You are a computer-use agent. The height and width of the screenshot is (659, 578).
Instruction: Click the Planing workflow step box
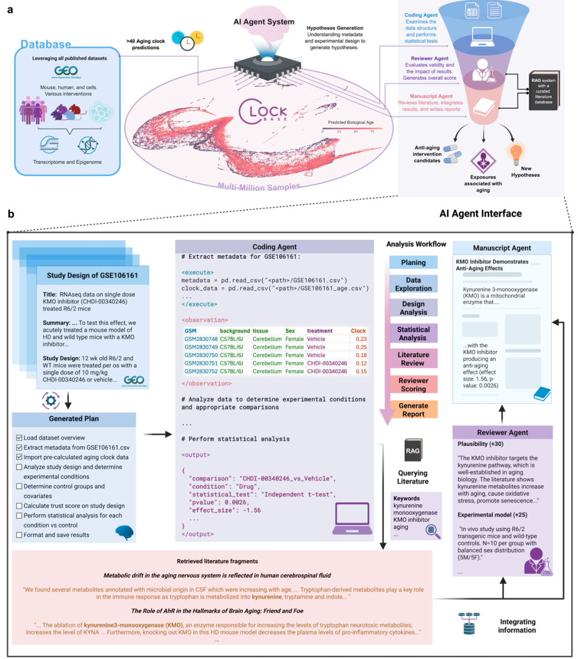pyautogui.click(x=413, y=262)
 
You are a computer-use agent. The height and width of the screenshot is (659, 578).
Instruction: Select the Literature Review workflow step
pyautogui.click(x=413, y=359)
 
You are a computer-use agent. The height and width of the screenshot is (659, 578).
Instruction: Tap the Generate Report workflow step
pyautogui.click(x=413, y=410)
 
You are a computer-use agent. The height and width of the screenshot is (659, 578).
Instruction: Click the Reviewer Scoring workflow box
pyautogui.click(x=413, y=384)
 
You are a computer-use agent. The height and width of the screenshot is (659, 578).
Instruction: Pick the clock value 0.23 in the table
pyautogui.click(x=361, y=339)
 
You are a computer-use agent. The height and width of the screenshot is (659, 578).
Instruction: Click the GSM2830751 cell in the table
pyautogui.click(x=201, y=363)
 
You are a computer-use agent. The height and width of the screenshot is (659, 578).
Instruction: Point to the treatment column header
pyautogui.click(x=320, y=331)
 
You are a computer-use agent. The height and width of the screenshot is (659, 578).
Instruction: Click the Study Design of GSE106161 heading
pyautogui.click(x=92, y=275)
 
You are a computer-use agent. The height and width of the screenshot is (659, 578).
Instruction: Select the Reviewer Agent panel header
pyautogui.click(x=502, y=432)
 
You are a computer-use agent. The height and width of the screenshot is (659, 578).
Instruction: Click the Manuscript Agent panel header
pyautogui.click(x=501, y=248)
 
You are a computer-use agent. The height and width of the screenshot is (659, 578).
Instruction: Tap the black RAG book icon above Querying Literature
pyautogui.click(x=413, y=451)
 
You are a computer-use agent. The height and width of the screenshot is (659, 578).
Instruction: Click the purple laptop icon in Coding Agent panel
pyautogui.click(x=352, y=518)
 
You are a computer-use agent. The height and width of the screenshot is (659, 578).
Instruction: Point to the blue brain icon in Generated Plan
pyautogui.click(x=124, y=532)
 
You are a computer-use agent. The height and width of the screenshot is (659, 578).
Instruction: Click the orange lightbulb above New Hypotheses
pyautogui.click(x=516, y=154)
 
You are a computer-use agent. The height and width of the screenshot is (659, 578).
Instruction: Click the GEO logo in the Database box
pyautogui.click(x=66, y=71)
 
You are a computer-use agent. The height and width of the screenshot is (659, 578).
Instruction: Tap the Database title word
pyautogui.click(x=45, y=44)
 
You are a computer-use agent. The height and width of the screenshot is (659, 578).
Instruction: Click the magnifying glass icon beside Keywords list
pyautogui.click(x=432, y=531)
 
